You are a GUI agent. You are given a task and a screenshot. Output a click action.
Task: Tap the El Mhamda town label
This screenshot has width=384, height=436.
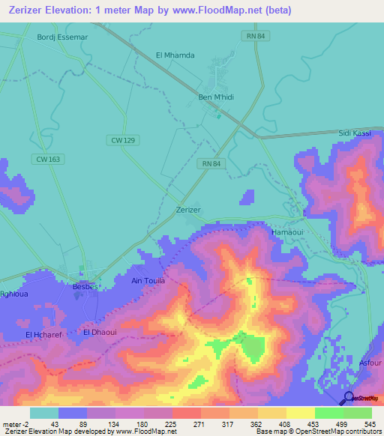(x=175, y=55)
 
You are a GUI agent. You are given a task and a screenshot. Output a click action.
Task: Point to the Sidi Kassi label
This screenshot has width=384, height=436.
(x=355, y=132)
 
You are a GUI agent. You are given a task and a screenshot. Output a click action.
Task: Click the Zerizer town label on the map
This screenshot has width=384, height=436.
(x=187, y=210)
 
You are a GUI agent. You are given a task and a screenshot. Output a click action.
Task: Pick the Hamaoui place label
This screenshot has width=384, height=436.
(x=286, y=233)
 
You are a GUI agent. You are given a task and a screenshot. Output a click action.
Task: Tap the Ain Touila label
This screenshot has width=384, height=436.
(x=148, y=281)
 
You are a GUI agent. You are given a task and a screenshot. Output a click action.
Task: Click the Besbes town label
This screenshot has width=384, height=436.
(x=85, y=286)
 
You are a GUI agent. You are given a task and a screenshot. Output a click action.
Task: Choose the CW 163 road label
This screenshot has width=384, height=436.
(x=47, y=158)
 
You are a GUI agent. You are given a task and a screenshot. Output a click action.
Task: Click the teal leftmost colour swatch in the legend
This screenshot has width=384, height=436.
(x=43, y=413)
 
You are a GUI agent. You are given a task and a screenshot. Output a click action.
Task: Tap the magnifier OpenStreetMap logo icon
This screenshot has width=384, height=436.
(x=348, y=398)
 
